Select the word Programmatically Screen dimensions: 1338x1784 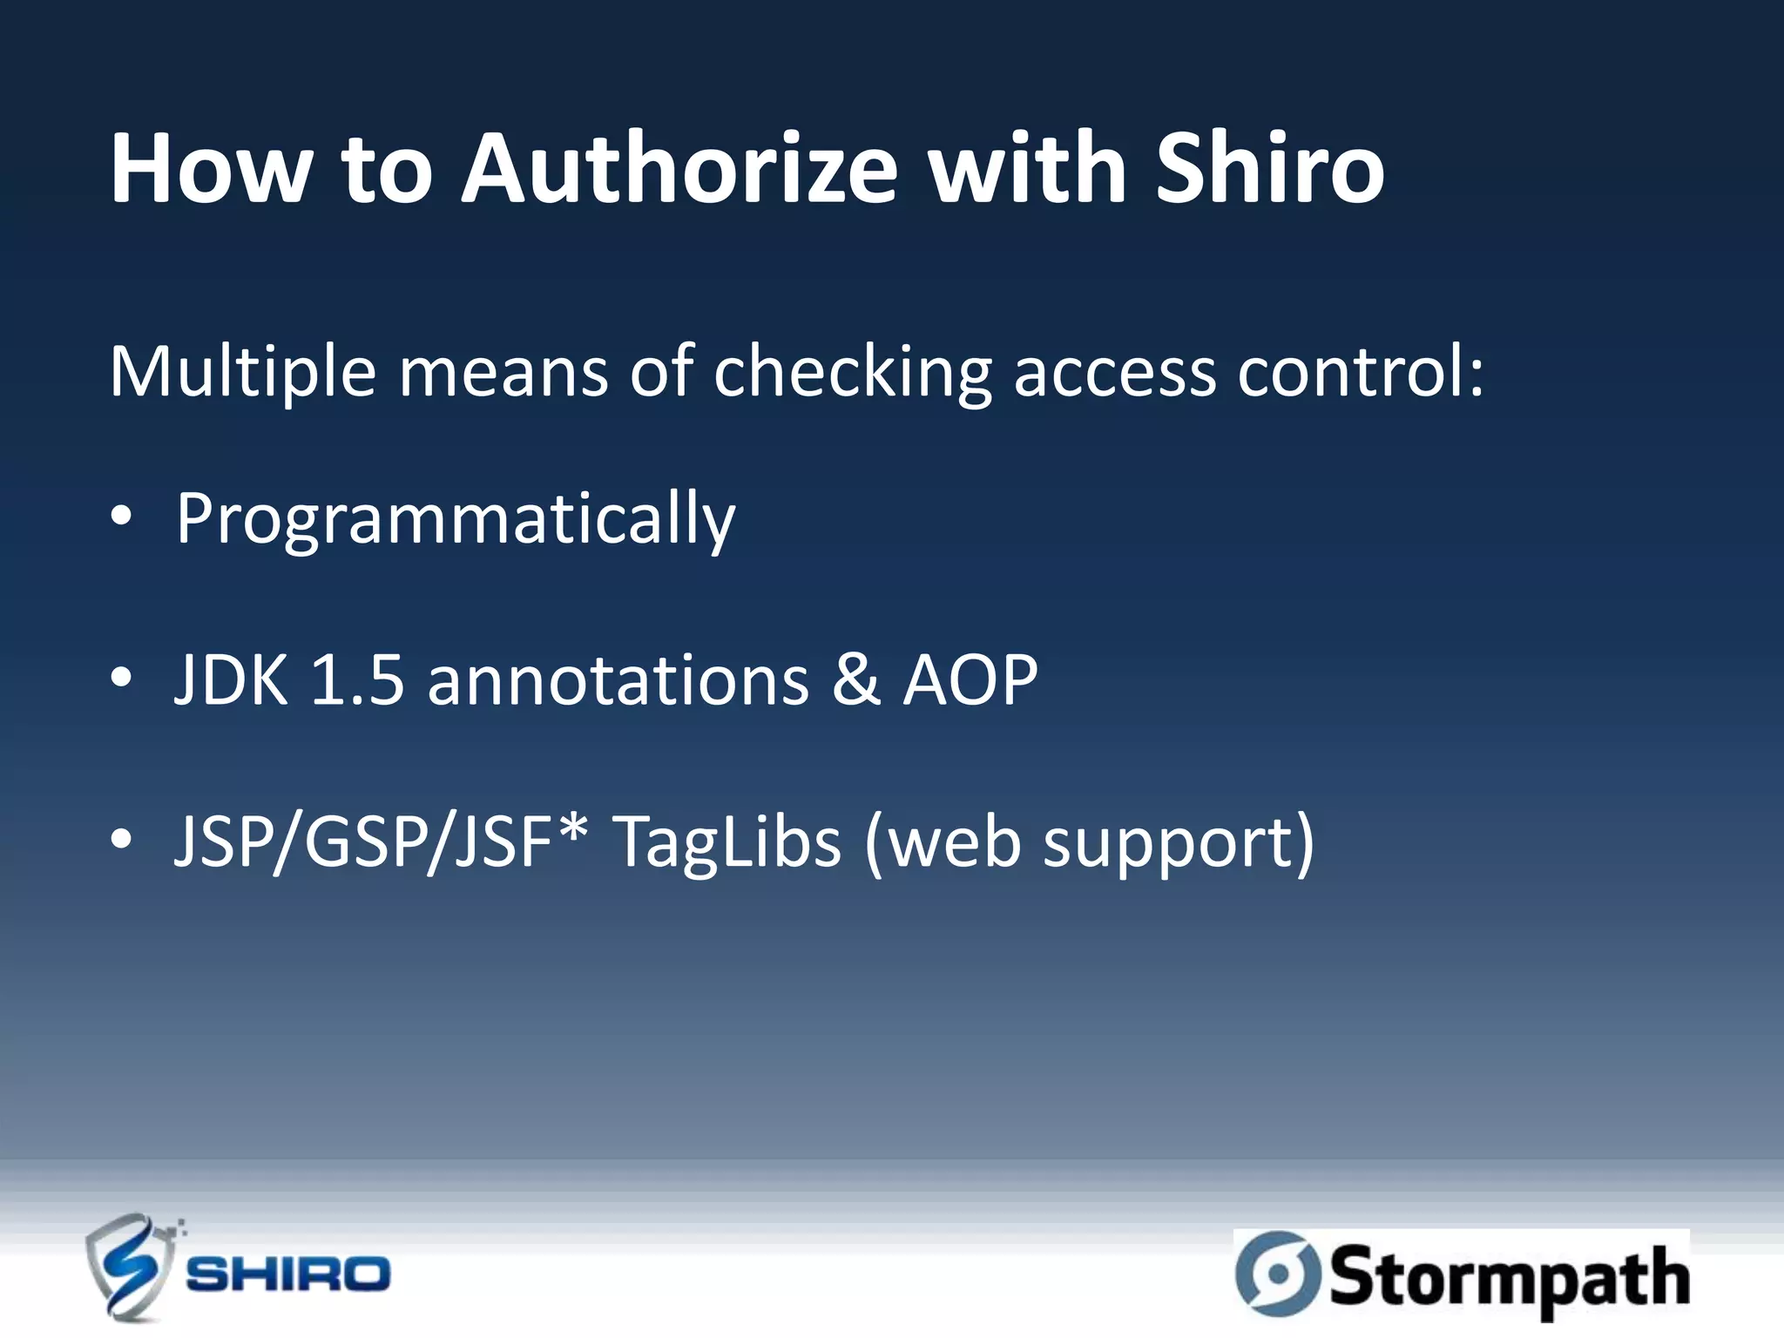click(456, 520)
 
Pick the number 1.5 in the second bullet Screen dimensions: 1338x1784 click(357, 680)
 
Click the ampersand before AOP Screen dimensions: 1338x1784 click(855, 680)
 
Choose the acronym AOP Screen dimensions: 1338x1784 click(970, 680)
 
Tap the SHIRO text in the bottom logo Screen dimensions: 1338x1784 click(288, 1274)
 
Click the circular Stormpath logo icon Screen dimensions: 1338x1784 click(1278, 1273)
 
